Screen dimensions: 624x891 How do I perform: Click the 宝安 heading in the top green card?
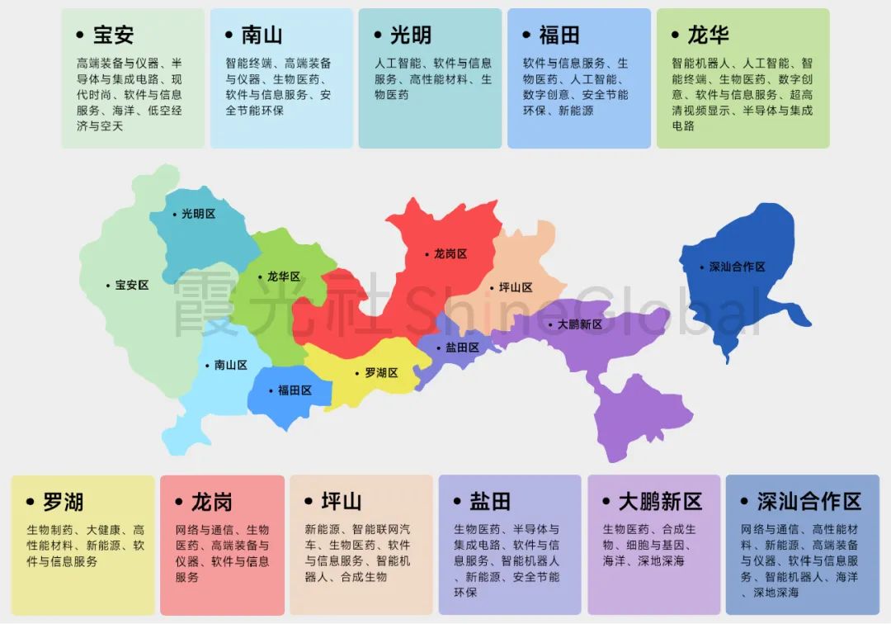113,35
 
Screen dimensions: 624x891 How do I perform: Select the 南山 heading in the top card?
262,35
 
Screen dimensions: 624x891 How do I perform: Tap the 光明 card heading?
410,35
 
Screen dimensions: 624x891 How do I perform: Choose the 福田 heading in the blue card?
559,35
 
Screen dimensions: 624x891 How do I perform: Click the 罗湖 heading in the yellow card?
63,501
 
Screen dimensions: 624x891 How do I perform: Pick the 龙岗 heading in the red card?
211,501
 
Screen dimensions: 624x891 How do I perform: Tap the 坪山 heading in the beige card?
342,501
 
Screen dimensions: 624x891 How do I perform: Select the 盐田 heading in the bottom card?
490,501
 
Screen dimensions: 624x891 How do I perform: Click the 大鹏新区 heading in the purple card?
660,501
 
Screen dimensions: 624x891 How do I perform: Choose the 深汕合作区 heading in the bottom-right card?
808,501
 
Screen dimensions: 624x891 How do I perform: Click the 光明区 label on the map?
198,214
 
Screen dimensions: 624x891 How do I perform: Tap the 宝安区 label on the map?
132,286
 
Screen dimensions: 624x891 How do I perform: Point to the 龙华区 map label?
284,277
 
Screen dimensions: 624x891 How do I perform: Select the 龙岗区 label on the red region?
450,254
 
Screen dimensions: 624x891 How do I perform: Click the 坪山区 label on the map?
516,288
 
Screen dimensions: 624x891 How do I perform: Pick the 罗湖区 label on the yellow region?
381,373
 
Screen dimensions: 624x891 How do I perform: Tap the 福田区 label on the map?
295,390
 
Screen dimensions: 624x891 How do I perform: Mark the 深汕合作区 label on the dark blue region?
737,267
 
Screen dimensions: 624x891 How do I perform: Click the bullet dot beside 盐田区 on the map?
439,348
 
